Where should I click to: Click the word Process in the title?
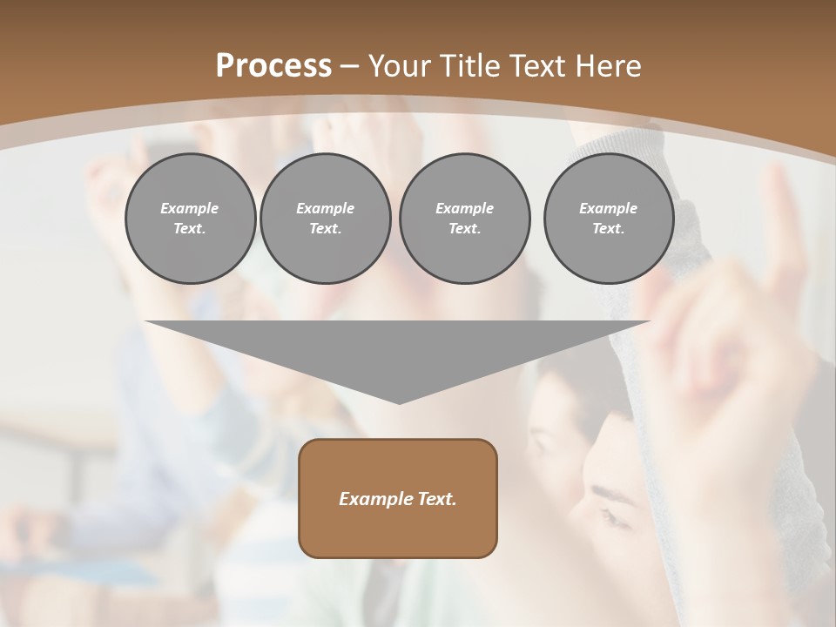[273, 66]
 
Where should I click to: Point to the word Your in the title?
[397, 66]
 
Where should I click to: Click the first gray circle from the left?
[190, 219]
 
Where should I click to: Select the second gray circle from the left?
[326, 219]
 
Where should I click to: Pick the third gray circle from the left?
[464, 219]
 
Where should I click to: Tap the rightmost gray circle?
[609, 219]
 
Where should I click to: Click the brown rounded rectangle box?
[398, 498]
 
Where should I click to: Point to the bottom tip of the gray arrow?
[399, 403]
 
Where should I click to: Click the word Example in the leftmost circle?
[190, 208]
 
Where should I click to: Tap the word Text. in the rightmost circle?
[609, 229]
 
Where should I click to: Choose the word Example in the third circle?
[464, 208]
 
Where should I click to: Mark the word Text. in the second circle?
[326, 229]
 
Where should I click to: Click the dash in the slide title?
[349, 66]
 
